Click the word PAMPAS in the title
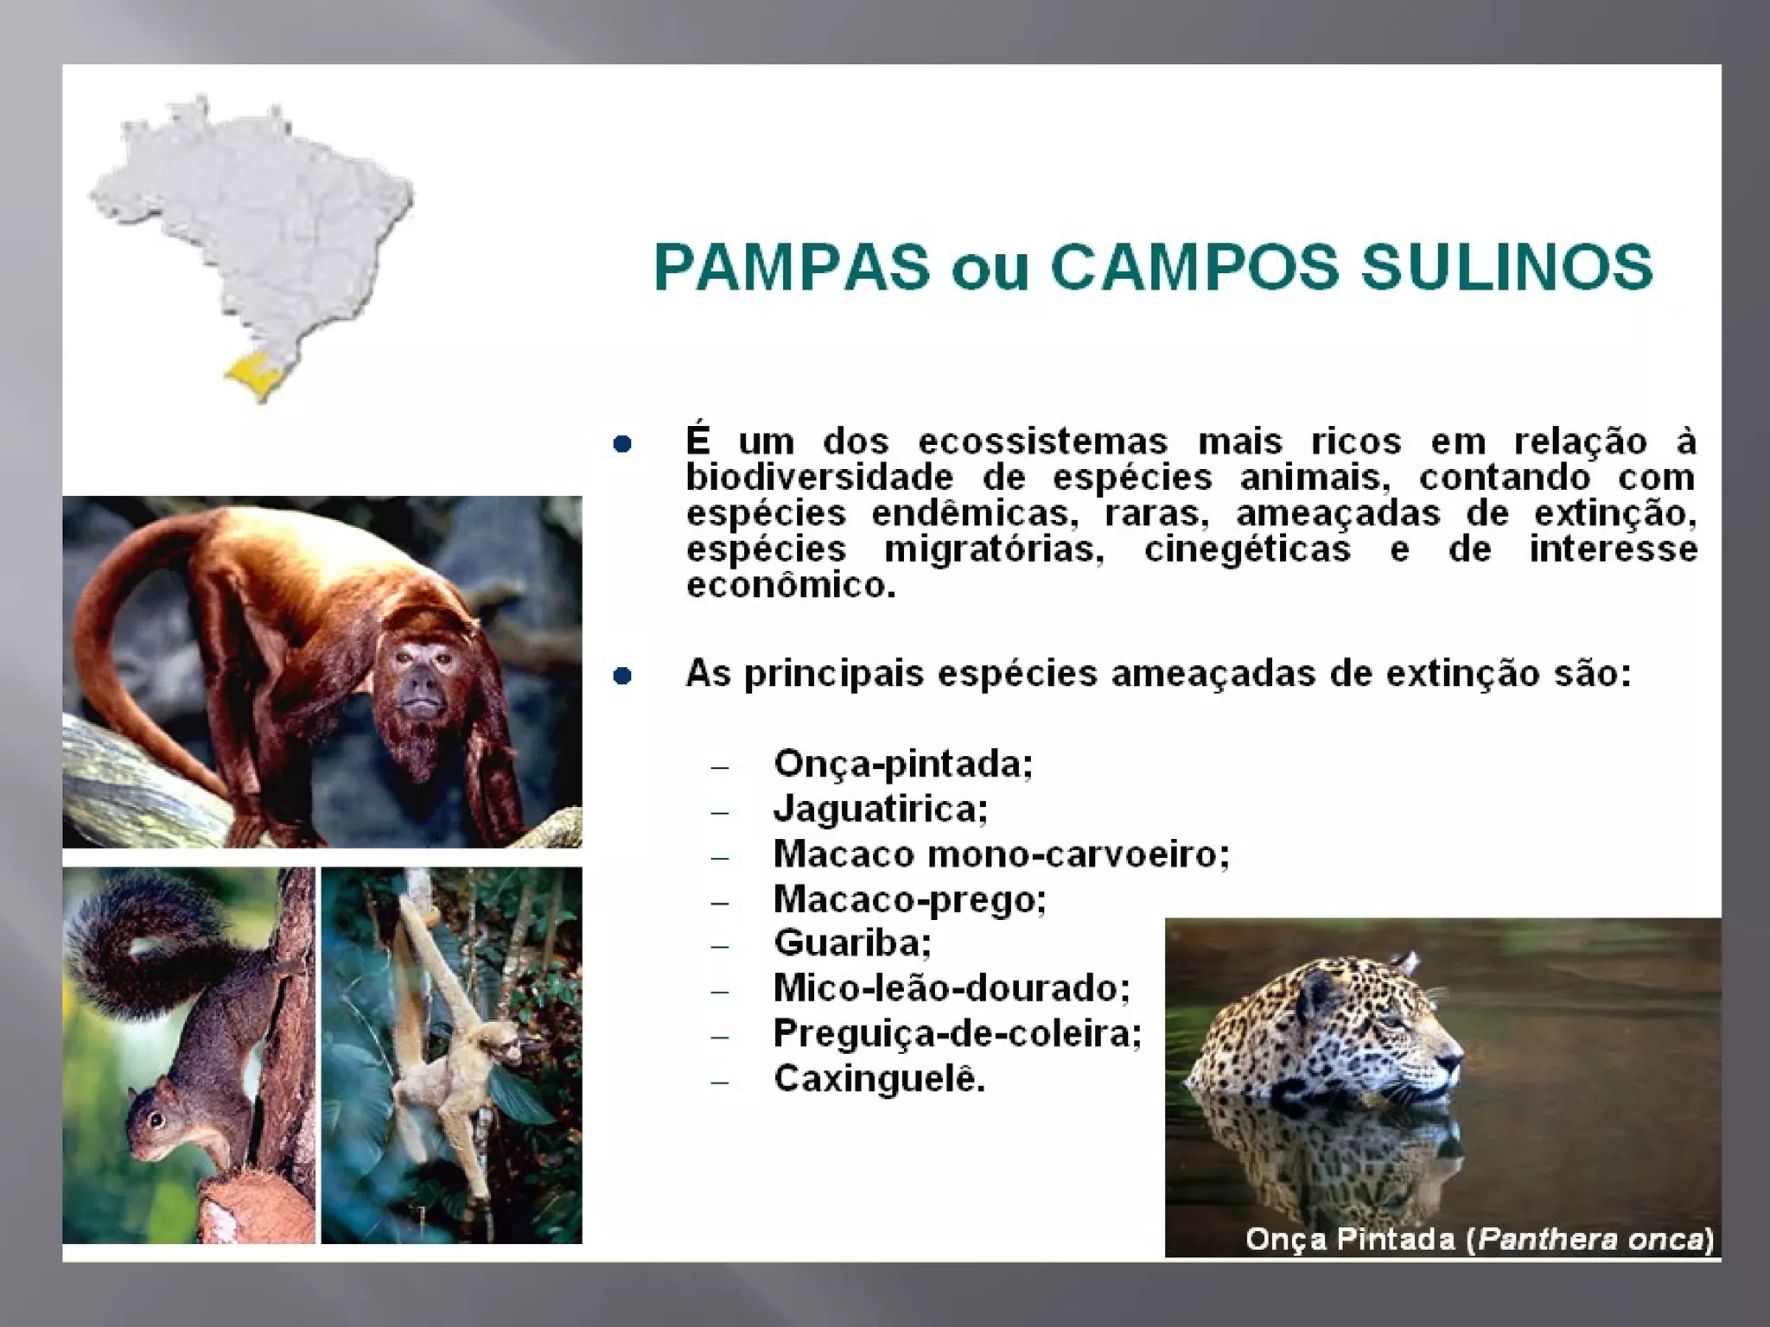tap(792, 267)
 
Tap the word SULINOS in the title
tap(1506, 267)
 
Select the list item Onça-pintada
tap(902, 764)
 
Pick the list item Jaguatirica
tap(880, 810)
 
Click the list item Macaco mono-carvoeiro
tap(1001, 854)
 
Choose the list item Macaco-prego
tap(909, 899)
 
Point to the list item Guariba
tap(852, 943)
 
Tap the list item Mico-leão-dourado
tap(951, 988)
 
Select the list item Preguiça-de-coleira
tap(957, 1033)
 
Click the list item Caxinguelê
tap(878, 1079)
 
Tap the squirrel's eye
tap(156, 1121)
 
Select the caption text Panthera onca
tap(1592, 1240)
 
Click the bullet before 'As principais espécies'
tap(622, 676)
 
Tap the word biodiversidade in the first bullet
tap(819, 478)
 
